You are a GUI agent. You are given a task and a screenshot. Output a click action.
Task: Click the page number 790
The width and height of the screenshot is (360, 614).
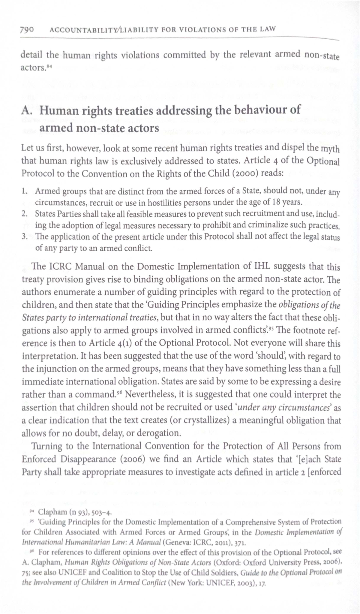26,30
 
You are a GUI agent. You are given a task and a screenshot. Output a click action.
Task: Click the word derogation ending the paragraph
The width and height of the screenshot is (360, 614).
160,433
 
